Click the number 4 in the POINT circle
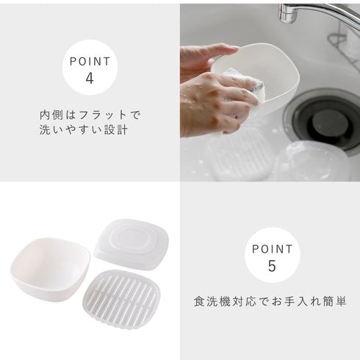pyautogui.click(x=90, y=79)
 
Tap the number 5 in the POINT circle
pyautogui.click(x=272, y=266)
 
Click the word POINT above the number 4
pyautogui.click(x=90, y=62)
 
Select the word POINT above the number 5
pyautogui.click(x=273, y=249)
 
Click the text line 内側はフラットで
pyautogui.click(x=90, y=115)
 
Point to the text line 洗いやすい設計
pyautogui.click(x=84, y=129)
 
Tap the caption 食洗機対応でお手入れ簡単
pyautogui.click(x=270, y=301)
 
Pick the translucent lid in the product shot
pyautogui.click(x=132, y=244)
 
